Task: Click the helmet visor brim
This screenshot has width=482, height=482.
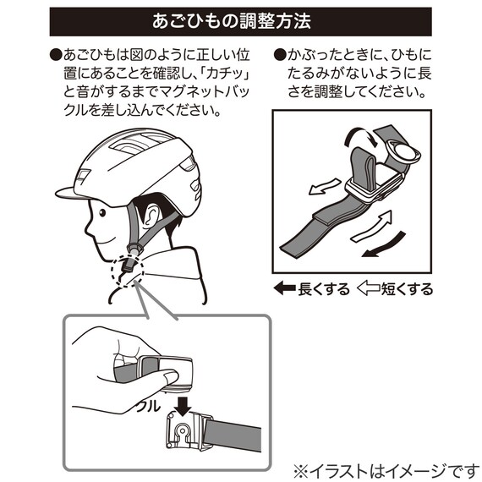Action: (x=65, y=188)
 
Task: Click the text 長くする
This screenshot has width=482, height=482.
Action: (x=324, y=289)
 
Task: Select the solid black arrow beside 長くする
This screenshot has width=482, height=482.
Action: (x=284, y=289)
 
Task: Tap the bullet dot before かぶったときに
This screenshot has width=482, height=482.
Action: (x=280, y=56)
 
